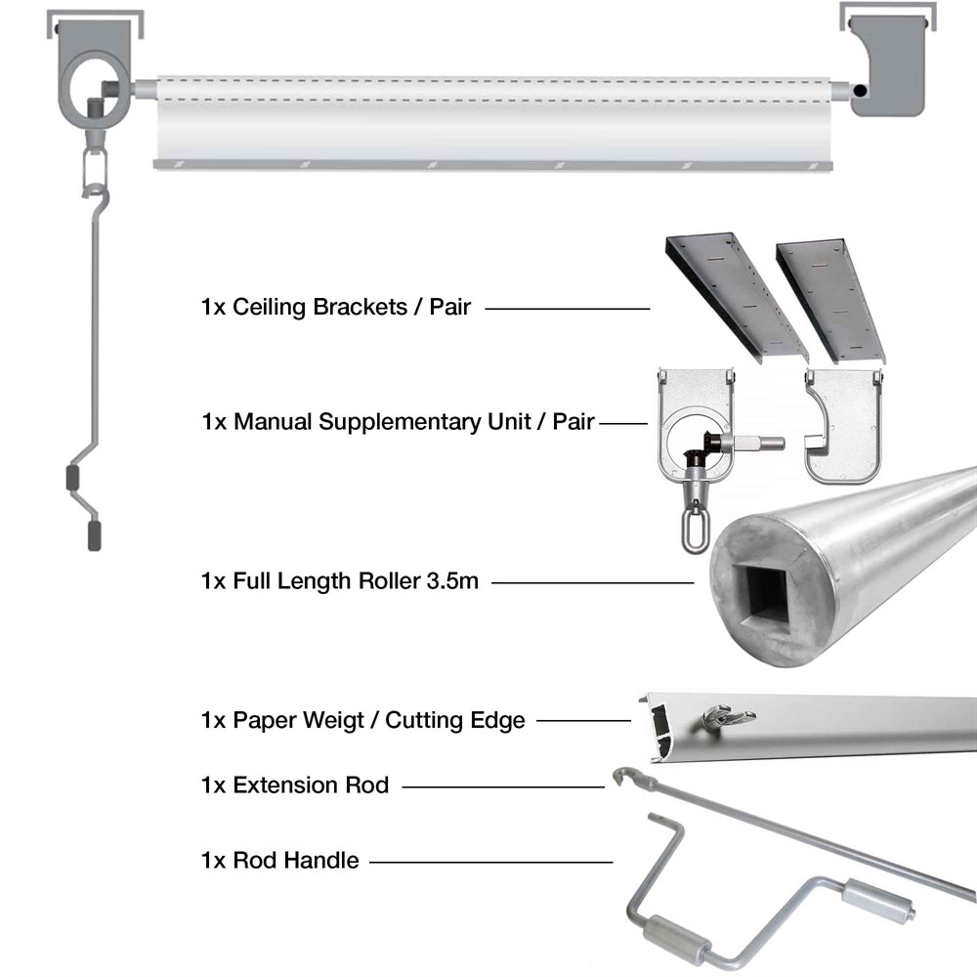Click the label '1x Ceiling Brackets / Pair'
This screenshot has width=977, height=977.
pyautogui.click(x=336, y=308)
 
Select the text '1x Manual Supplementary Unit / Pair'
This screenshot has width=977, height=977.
pyautogui.click(x=398, y=423)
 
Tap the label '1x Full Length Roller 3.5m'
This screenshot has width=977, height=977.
pyautogui.click(x=340, y=582)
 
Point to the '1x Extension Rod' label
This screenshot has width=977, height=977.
pyautogui.click(x=295, y=786)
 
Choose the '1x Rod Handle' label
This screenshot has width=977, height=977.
pyautogui.click(x=280, y=862)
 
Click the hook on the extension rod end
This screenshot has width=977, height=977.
pyautogui.click(x=622, y=778)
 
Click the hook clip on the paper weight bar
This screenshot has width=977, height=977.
pyautogui.click(x=727, y=718)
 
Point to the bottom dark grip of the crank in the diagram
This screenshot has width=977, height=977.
pyautogui.click(x=94, y=535)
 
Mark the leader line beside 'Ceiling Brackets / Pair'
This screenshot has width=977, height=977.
pyautogui.click(x=567, y=309)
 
